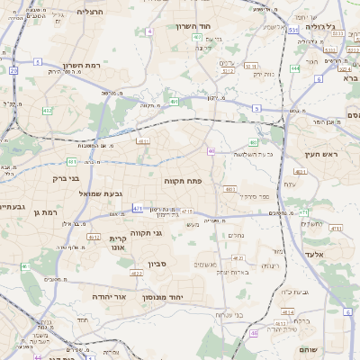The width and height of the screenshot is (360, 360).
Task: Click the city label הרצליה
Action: [91, 11]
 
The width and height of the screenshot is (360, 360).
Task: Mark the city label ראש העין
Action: [320, 155]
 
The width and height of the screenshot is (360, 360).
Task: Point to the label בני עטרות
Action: [231, 314]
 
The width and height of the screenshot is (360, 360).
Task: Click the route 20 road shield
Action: [13, 70]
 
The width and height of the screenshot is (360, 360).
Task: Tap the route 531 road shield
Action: [293, 30]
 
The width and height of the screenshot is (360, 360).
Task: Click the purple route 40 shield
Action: [211, 151]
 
